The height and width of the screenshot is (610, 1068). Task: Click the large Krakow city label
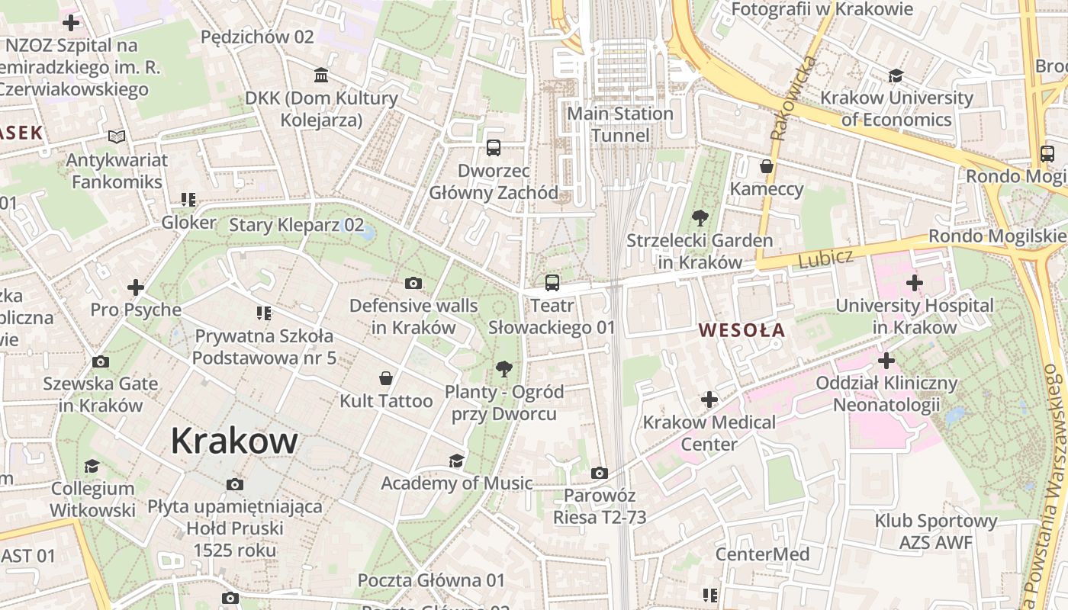click(234, 441)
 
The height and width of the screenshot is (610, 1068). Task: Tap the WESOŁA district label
click(741, 330)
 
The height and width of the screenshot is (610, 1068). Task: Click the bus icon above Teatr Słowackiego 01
click(552, 283)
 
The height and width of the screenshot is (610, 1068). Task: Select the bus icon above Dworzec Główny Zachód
click(494, 147)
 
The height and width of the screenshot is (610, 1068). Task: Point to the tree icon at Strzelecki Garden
click(699, 218)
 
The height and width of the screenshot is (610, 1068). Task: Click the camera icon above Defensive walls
click(413, 284)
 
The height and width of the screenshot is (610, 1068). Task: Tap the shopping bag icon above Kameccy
click(767, 166)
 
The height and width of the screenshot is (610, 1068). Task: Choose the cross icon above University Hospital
click(914, 283)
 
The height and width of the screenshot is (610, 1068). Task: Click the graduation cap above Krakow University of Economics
click(896, 75)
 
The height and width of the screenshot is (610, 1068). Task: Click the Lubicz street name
click(825, 258)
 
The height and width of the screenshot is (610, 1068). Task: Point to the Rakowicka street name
click(794, 98)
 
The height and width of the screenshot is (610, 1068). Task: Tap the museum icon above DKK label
click(321, 75)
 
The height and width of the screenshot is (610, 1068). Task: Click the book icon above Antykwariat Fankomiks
click(116, 137)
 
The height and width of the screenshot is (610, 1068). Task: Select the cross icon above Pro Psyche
click(136, 287)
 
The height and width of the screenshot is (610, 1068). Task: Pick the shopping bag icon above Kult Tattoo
click(386, 378)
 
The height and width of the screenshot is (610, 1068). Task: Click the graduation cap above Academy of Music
click(456, 461)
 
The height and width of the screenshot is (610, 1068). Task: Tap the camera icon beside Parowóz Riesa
click(600, 474)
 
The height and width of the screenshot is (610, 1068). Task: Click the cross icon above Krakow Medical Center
click(709, 399)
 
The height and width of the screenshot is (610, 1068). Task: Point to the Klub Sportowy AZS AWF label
click(935, 532)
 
